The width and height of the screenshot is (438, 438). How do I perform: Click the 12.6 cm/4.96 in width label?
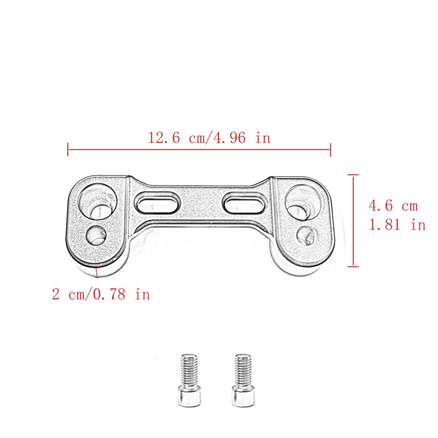click(209, 137)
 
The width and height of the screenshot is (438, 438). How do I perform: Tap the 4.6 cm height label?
click(393, 206)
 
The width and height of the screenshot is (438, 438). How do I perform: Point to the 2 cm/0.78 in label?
click(101, 295)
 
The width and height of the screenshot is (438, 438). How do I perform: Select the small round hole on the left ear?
click(97, 235)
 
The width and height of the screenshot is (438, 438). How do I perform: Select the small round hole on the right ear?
click(305, 235)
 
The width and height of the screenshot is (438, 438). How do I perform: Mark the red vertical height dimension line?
click(353, 221)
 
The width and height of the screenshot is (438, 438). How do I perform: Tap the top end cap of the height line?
click(353, 175)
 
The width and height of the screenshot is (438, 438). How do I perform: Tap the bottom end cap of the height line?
click(353, 267)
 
